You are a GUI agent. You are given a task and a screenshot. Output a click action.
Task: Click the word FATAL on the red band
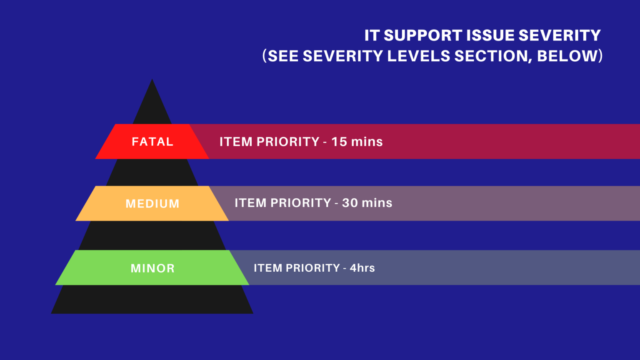tap(152, 142)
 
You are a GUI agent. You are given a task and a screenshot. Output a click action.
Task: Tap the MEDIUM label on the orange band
tap(152, 204)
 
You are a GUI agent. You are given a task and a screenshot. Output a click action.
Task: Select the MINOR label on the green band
tap(152, 268)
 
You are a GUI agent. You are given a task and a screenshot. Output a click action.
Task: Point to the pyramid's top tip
tap(152, 81)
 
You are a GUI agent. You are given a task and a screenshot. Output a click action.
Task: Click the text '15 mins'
tap(357, 142)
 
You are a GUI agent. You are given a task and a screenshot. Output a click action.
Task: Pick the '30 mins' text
tap(367, 203)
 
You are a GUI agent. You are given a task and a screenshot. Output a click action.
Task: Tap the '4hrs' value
tap(362, 268)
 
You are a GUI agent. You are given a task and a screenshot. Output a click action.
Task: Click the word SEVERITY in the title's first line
tap(560, 35)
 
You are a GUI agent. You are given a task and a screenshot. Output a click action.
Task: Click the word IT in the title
tap(372, 35)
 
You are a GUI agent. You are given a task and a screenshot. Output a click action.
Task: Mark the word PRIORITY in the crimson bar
tap(288, 142)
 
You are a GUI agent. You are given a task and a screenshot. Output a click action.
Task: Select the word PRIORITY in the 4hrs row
tap(312, 268)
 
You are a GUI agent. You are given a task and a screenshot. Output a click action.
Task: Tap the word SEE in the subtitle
tap(283, 56)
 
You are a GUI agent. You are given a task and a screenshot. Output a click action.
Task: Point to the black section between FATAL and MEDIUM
tap(152, 172)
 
